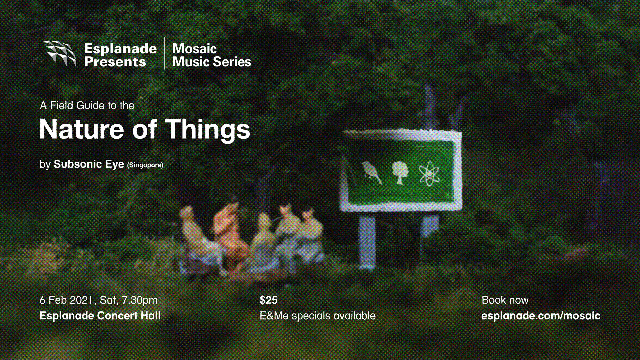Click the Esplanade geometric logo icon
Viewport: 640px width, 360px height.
(x=58, y=54)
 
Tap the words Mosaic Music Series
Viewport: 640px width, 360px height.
(x=212, y=55)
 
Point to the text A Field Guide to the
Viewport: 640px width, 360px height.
(x=87, y=106)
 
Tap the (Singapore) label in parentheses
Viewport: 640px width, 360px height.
(x=145, y=165)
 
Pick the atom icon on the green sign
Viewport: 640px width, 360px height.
(x=429, y=173)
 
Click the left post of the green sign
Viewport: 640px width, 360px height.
(x=367, y=242)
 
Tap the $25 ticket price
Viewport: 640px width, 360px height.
(x=269, y=300)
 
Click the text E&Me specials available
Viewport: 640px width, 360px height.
(x=318, y=316)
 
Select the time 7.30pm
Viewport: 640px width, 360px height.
(x=139, y=301)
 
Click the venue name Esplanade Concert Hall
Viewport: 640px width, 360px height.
(x=100, y=315)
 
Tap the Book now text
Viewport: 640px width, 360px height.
(x=505, y=300)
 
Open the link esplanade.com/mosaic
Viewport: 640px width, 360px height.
(x=541, y=316)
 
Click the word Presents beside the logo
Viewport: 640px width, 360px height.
(x=115, y=62)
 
